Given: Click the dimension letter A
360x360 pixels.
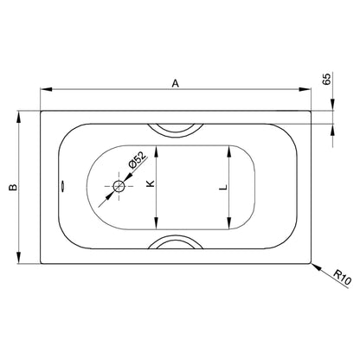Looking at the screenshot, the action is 176,83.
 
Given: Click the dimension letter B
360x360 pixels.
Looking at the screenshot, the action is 13,187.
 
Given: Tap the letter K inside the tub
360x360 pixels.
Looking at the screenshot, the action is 151,183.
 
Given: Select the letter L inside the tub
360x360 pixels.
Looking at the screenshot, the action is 223,187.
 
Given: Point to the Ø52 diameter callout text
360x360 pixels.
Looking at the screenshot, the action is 137,160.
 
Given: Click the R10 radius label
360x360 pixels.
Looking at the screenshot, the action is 343,277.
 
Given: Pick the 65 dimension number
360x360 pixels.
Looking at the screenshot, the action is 326,80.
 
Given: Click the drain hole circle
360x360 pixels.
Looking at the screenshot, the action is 119,186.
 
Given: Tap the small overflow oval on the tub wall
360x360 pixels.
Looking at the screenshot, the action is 62,186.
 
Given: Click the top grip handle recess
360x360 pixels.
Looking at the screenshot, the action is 176,132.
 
